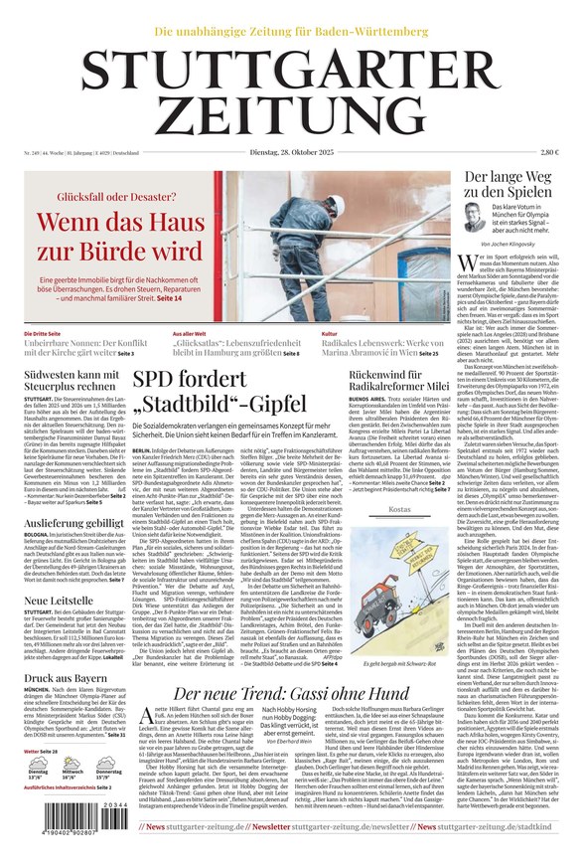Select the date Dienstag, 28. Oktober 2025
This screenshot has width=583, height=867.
click(291, 151)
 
